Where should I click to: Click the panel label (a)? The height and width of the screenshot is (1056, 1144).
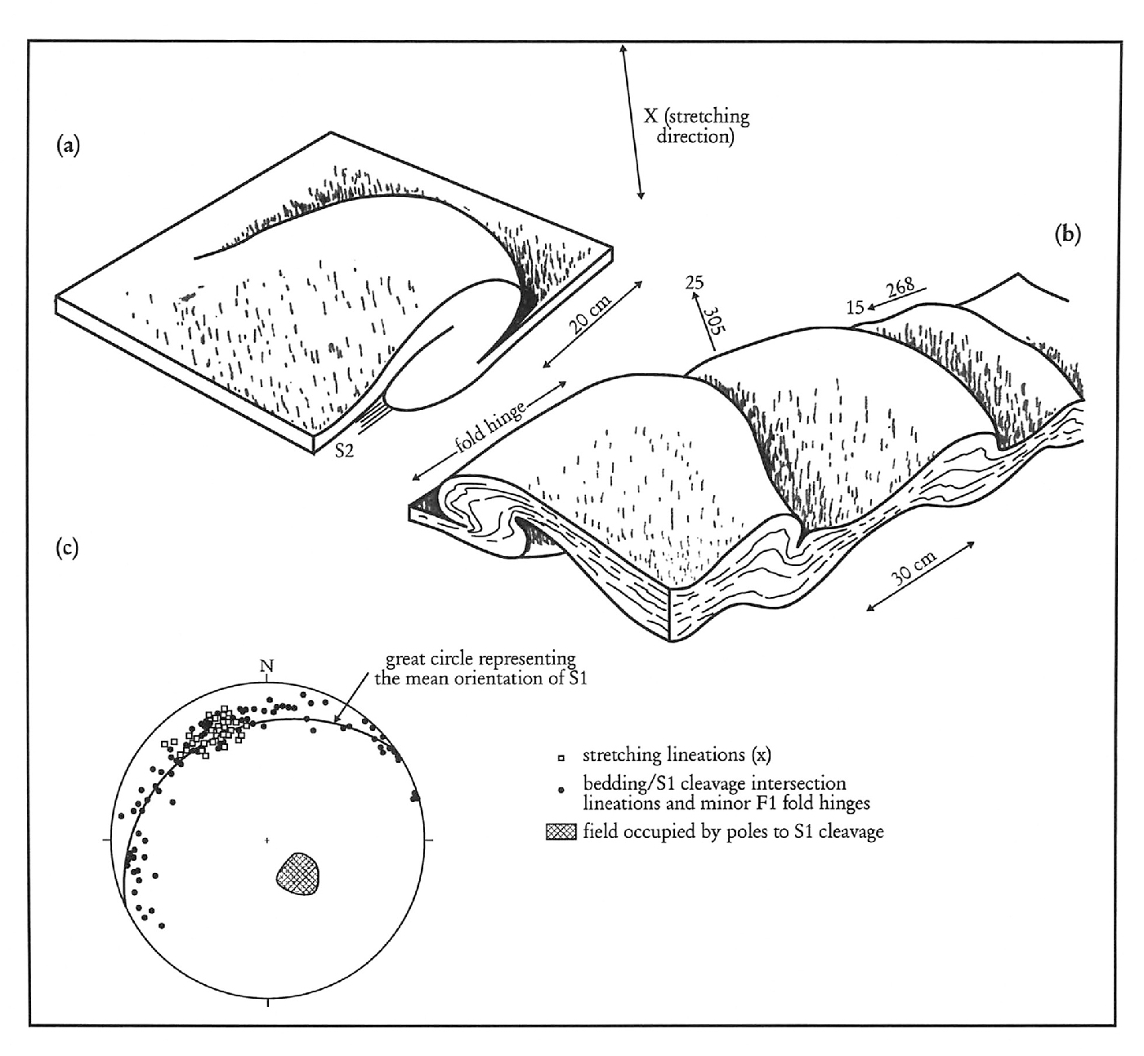[x=68, y=145]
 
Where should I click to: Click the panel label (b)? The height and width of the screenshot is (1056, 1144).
[x=1067, y=234]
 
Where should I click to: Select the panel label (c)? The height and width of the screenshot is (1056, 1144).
[x=67, y=547]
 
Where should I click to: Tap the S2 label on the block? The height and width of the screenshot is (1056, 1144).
[x=345, y=451]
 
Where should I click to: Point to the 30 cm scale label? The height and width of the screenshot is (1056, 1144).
[x=914, y=568]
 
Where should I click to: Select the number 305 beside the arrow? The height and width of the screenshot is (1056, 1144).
[x=715, y=319]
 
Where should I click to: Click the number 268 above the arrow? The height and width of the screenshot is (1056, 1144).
[x=900, y=287]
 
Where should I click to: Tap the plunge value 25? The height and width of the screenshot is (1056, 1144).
[x=694, y=283]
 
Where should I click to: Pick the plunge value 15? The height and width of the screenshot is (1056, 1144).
[x=856, y=308]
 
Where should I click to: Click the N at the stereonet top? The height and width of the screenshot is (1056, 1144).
[x=266, y=666]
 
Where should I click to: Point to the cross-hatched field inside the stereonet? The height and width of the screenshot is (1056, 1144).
[x=297, y=874]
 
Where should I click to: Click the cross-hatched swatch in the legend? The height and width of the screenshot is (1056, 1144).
[x=561, y=832]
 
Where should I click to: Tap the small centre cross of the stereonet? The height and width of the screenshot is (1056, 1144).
[x=266, y=840]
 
